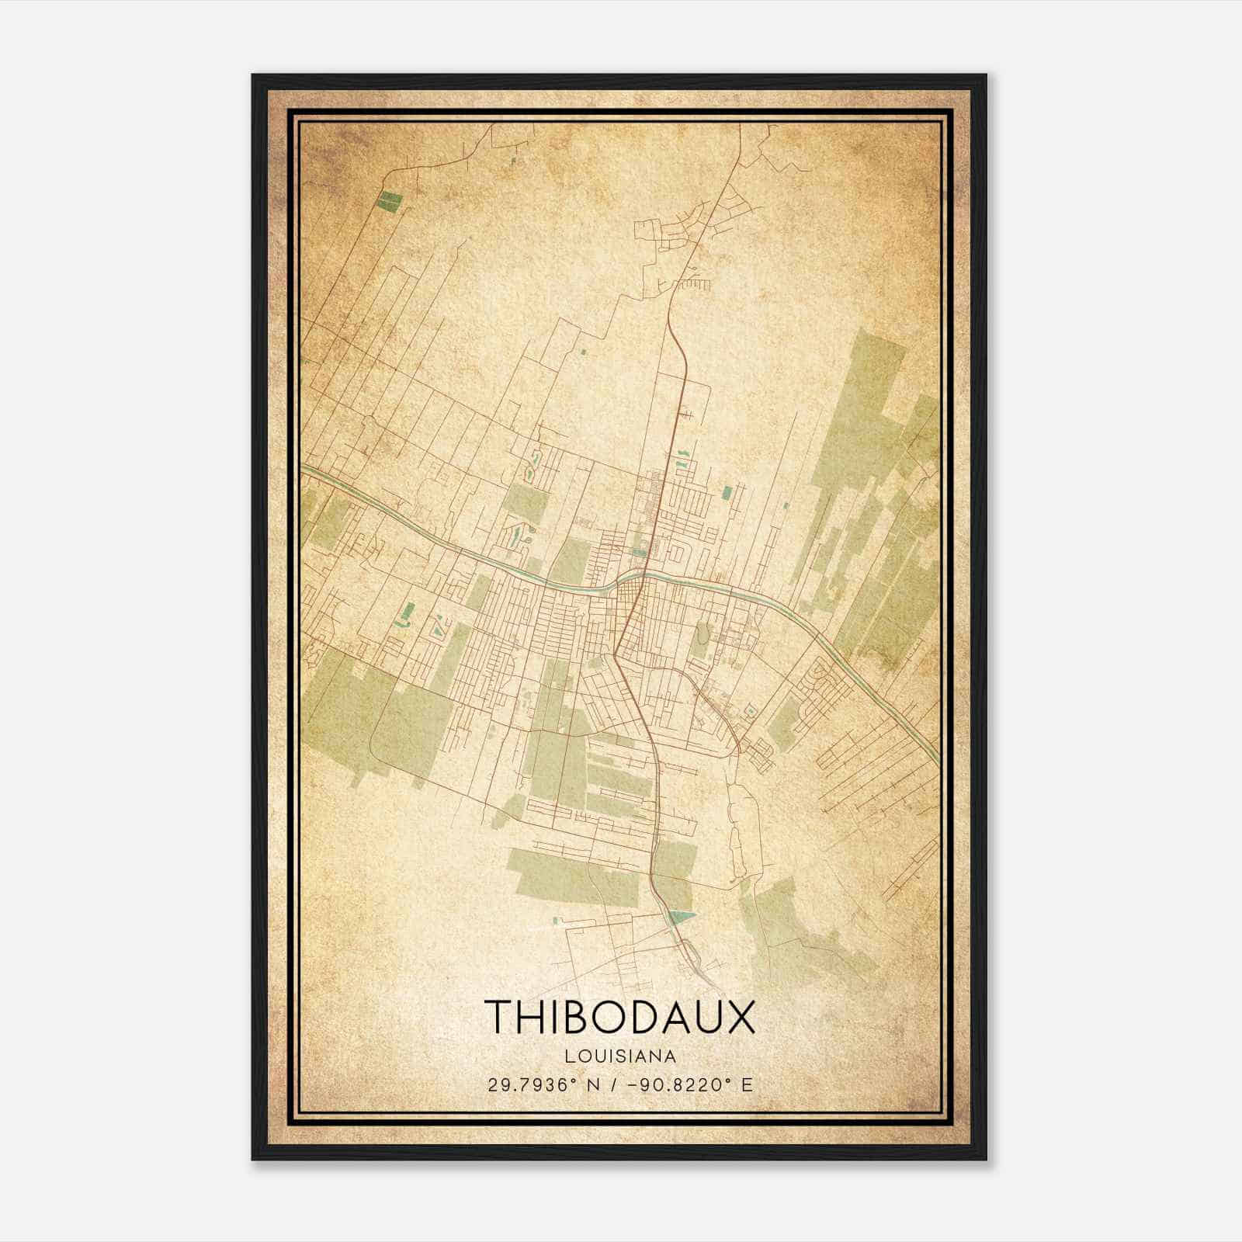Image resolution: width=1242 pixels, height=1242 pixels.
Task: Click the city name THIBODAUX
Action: [x=619, y=1017]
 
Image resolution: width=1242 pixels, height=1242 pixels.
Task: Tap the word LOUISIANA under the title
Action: [x=620, y=1056]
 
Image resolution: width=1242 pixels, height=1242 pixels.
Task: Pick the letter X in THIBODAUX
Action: [x=738, y=1017]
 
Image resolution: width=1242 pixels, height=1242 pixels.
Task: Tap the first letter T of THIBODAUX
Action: [x=498, y=1017]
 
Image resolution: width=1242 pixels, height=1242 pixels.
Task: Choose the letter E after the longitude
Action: [x=747, y=1085]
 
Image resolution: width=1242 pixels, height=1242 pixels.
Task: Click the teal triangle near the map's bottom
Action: [x=680, y=918]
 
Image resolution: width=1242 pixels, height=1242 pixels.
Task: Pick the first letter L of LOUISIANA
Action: [x=570, y=1056]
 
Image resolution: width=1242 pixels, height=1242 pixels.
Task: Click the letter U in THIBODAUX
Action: [x=707, y=1017]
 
